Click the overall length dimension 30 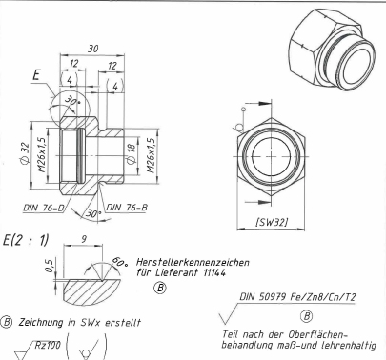tap(92, 49)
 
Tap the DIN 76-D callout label tap(44, 208)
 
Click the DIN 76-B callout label tap(127, 208)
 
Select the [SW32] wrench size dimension tap(272, 222)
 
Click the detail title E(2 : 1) tap(26, 240)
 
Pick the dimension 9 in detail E tap(84, 239)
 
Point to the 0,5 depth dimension tap(49, 266)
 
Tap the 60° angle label tap(119, 262)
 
